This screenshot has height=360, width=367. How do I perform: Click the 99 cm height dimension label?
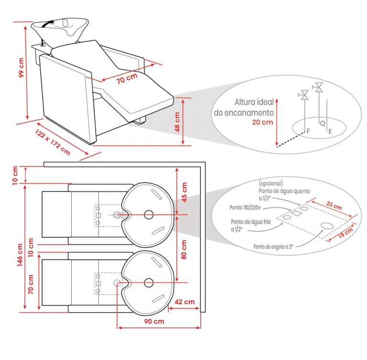21,67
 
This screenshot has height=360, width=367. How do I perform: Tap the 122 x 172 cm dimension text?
53,142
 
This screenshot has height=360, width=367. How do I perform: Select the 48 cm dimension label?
177,122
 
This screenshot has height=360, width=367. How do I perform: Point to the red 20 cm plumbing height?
262,122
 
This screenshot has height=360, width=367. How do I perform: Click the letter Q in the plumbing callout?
323,123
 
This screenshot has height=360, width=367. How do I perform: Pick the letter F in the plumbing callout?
308,131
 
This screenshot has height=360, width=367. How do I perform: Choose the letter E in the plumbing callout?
330,131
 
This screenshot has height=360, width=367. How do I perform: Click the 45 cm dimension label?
184,192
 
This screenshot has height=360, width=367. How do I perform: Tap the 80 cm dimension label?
184,249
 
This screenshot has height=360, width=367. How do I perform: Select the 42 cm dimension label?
184,302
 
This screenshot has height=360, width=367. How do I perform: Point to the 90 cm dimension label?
154,321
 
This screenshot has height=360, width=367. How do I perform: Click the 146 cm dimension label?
20,255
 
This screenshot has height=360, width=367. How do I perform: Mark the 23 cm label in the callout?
334,206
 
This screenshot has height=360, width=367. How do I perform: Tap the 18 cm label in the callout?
345,233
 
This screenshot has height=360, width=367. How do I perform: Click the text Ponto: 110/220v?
245,207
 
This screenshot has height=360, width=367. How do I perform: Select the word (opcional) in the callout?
270,183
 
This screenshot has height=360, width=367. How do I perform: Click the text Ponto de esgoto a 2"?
273,247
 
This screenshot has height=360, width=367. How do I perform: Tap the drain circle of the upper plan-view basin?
149,215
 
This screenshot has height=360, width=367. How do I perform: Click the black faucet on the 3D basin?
48,23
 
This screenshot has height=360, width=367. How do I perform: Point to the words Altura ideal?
254,102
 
